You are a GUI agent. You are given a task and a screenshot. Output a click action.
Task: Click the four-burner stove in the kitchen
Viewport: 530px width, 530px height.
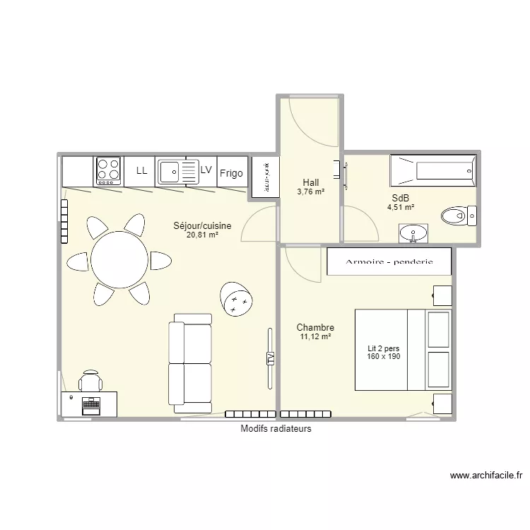108,170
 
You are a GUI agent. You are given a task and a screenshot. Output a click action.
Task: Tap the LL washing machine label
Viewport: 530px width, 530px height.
141,171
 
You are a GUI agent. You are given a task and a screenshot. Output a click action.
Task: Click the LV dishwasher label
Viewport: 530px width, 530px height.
206,170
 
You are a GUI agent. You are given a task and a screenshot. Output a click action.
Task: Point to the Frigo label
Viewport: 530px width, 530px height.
231,173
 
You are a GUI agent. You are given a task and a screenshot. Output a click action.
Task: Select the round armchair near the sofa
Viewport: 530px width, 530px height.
236,301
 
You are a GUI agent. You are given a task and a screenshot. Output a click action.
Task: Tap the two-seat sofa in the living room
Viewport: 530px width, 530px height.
190,364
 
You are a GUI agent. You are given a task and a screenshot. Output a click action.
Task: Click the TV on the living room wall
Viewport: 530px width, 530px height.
269,358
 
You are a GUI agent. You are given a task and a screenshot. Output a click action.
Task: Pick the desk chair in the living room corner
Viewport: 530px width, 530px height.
90,381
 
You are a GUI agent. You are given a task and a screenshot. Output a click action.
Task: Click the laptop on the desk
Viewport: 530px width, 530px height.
90,405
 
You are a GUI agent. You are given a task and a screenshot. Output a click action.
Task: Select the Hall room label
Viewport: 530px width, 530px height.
311,182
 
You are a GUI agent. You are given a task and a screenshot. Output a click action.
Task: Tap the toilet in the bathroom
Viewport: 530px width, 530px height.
458,214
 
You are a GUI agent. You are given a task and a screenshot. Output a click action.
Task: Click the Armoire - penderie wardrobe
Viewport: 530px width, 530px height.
388,261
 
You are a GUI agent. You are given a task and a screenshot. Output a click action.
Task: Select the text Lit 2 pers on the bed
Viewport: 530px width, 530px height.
384,348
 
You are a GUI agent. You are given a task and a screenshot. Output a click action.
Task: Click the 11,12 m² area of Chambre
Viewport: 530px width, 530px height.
315,338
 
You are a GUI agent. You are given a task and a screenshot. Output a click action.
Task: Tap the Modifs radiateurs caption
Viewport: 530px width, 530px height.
276,429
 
